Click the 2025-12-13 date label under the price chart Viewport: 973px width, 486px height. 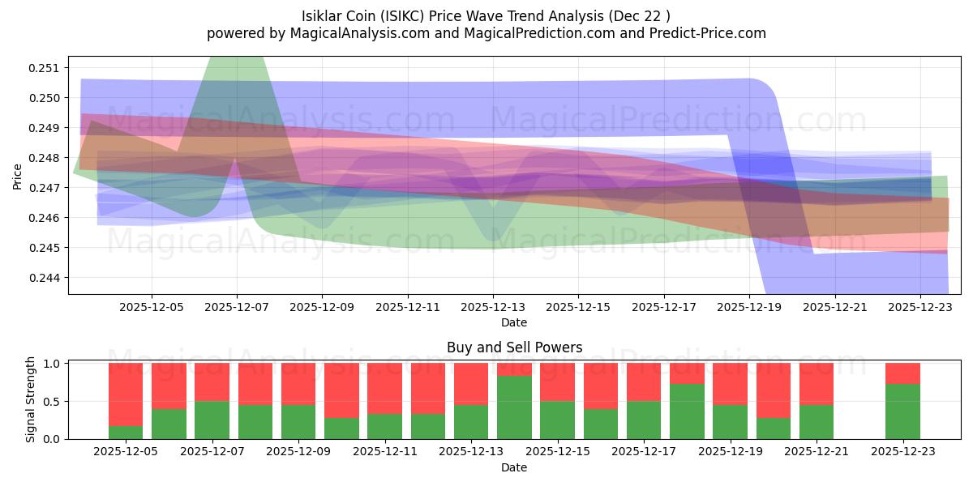(x=493, y=308)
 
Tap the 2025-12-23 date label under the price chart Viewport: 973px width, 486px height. (x=919, y=308)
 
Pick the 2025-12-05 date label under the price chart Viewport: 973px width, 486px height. (x=152, y=308)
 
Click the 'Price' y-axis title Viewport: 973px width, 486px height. (x=17, y=176)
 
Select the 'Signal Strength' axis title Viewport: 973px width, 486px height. (x=31, y=399)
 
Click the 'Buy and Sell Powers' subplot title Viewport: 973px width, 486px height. (x=514, y=347)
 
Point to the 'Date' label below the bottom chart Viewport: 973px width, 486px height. (x=514, y=467)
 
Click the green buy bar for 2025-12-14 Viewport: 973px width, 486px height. (x=514, y=407)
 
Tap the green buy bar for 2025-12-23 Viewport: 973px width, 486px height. (x=902, y=411)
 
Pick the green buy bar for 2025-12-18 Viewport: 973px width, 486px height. (x=687, y=411)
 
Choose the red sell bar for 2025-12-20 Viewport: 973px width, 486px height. (x=774, y=390)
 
